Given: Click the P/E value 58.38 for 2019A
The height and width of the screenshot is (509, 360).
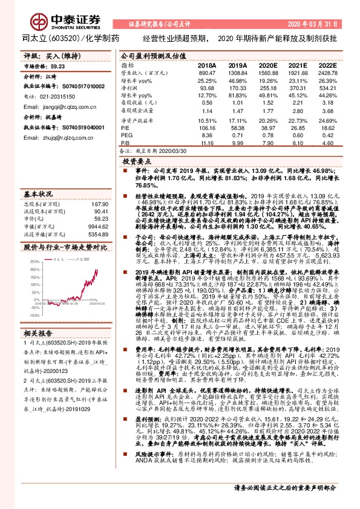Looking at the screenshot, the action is [x=235, y=128].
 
